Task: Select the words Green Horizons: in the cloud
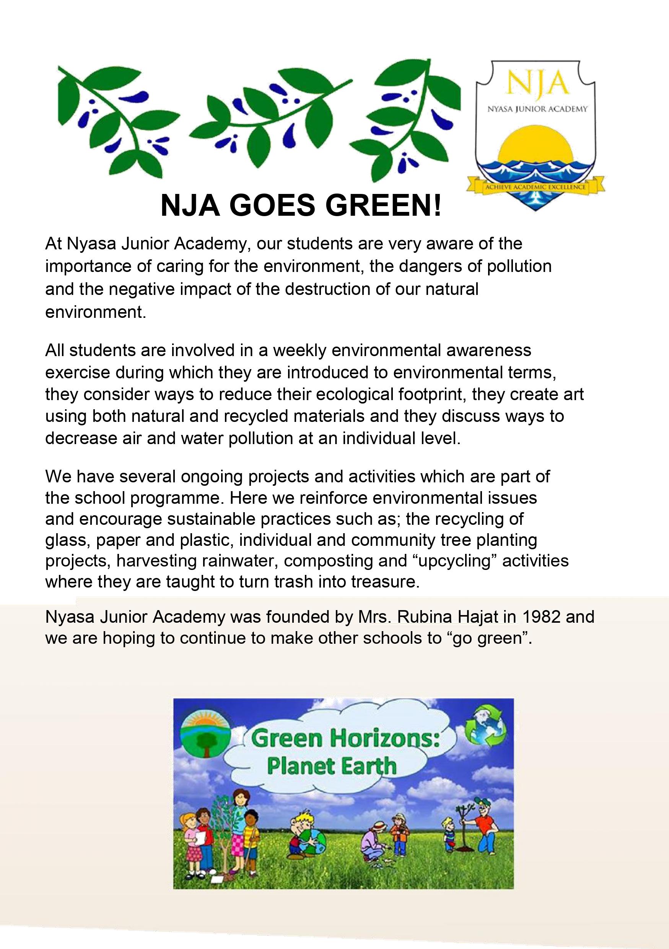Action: (x=345, y=738)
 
